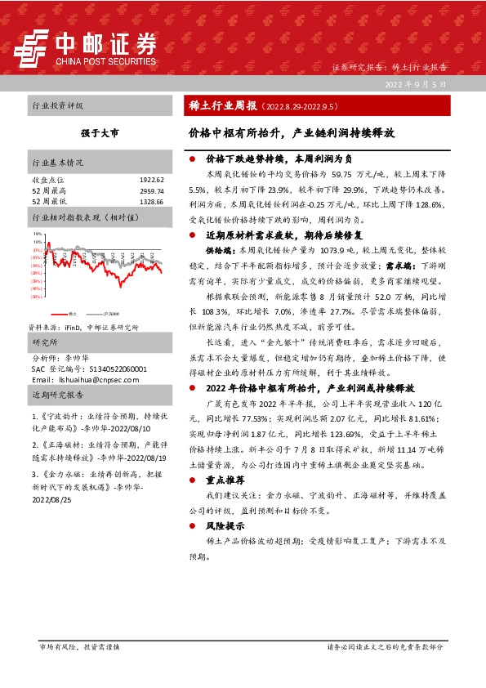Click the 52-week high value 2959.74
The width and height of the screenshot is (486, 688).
152,190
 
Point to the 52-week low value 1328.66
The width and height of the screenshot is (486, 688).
152,201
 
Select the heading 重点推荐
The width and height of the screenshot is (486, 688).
221,480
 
